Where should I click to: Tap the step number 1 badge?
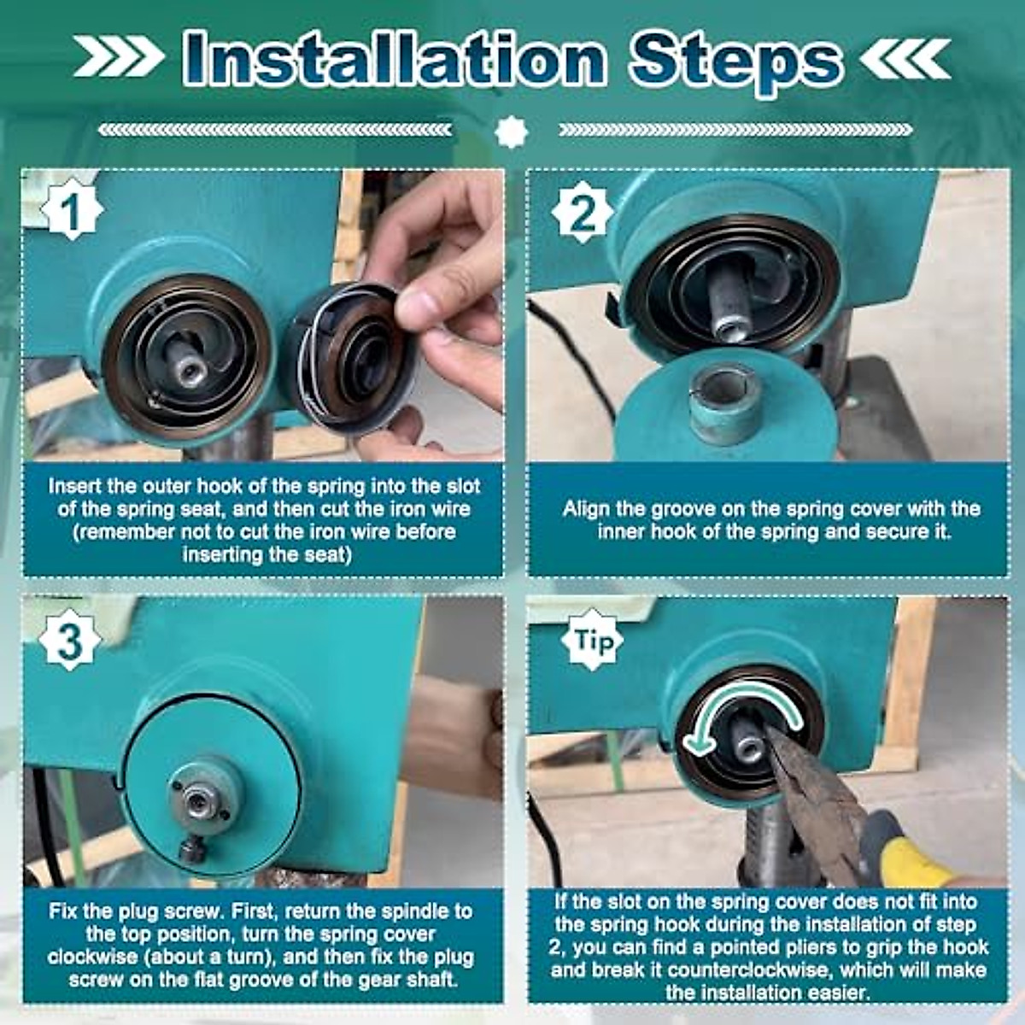click(71, 210)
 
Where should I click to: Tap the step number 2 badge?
click(583, 212)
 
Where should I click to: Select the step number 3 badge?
click(70, 640)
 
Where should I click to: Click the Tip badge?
click(592, 641)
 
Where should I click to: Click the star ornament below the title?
click(511, 131)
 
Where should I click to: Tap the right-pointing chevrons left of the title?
click(118, 56)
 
